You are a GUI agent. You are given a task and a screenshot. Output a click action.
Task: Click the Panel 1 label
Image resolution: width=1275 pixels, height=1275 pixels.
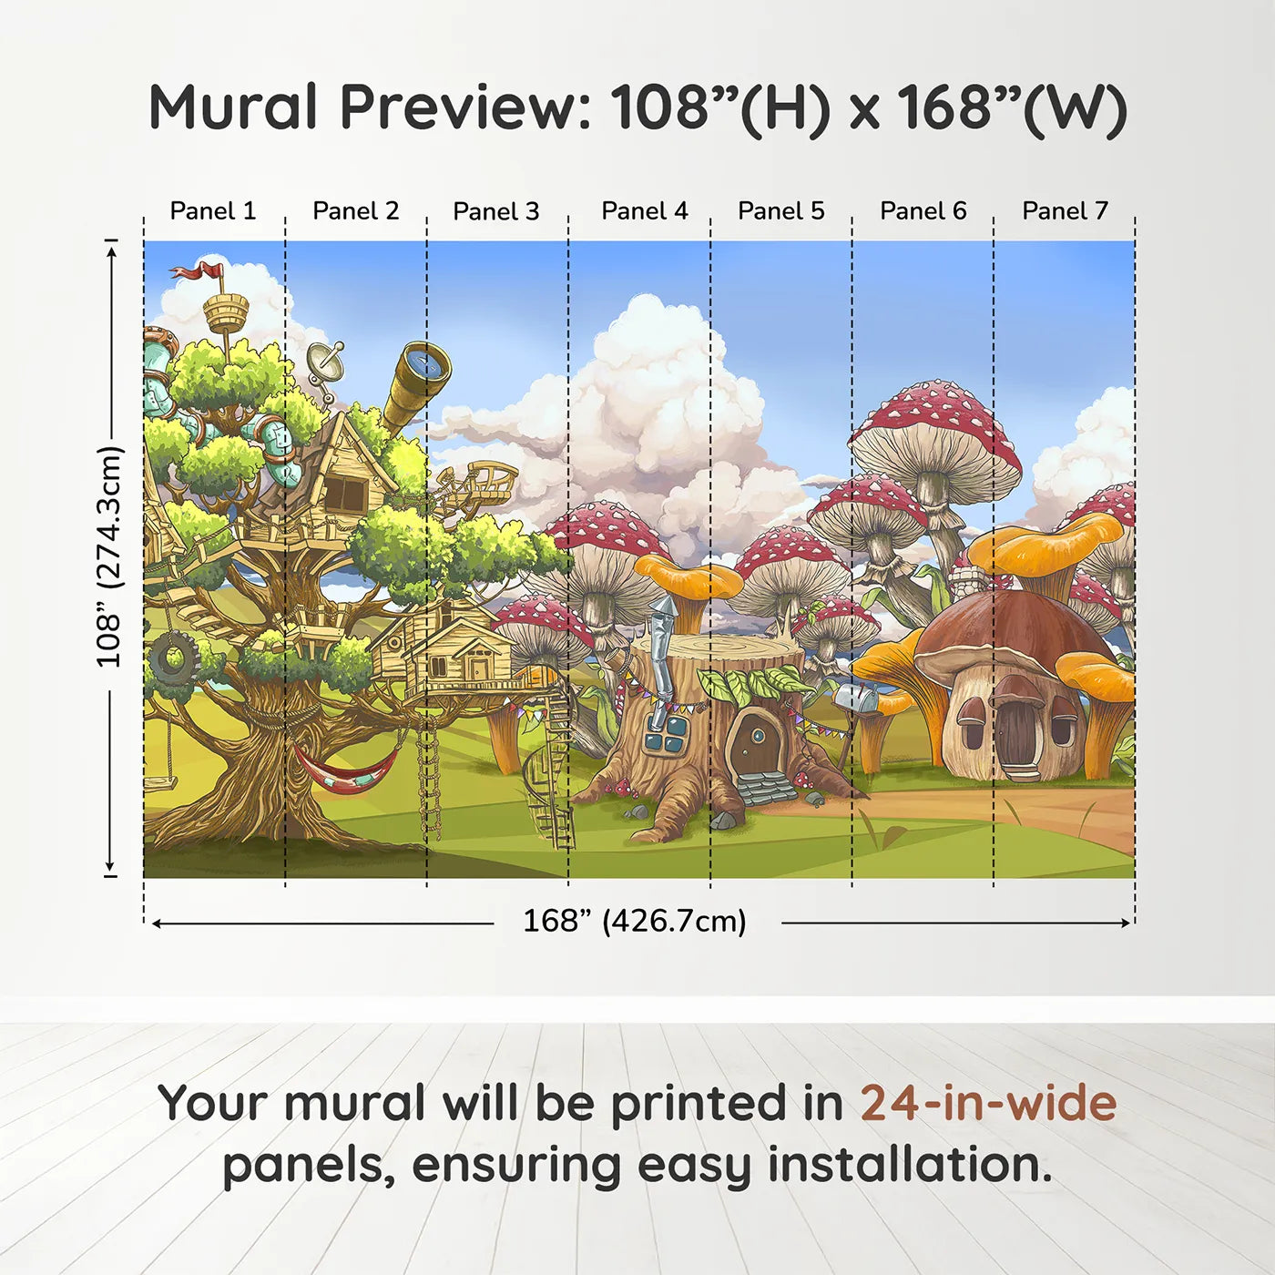pyautogui.click(x=213, y=211)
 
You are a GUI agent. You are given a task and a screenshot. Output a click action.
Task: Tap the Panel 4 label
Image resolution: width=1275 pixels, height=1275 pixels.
pyautogui.click(x=644, y=211)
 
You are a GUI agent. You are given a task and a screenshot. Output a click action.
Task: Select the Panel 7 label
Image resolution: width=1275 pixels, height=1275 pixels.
pyautogui.click(x=1065, y=211)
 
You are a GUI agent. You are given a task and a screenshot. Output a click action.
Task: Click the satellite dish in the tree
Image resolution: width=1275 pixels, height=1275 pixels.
pyautogui.click(x=325, y=363)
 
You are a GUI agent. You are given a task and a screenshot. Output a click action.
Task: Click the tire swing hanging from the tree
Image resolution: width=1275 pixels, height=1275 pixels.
pyautogui.click(x=173, y=659)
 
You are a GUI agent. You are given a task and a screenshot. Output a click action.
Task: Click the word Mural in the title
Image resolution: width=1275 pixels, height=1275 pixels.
pyautogui.click(x=233, y=107)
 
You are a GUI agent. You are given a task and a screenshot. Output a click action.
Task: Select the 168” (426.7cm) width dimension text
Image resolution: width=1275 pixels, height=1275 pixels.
pyautogui.click(x=635, y=922)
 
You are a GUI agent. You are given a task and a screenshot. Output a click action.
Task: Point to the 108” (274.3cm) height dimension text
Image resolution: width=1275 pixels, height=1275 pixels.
pyautogui.click(x=109, y=556)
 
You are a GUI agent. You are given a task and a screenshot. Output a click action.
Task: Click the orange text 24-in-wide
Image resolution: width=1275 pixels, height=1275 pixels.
pyautogui.click(x=988, y=1103)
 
